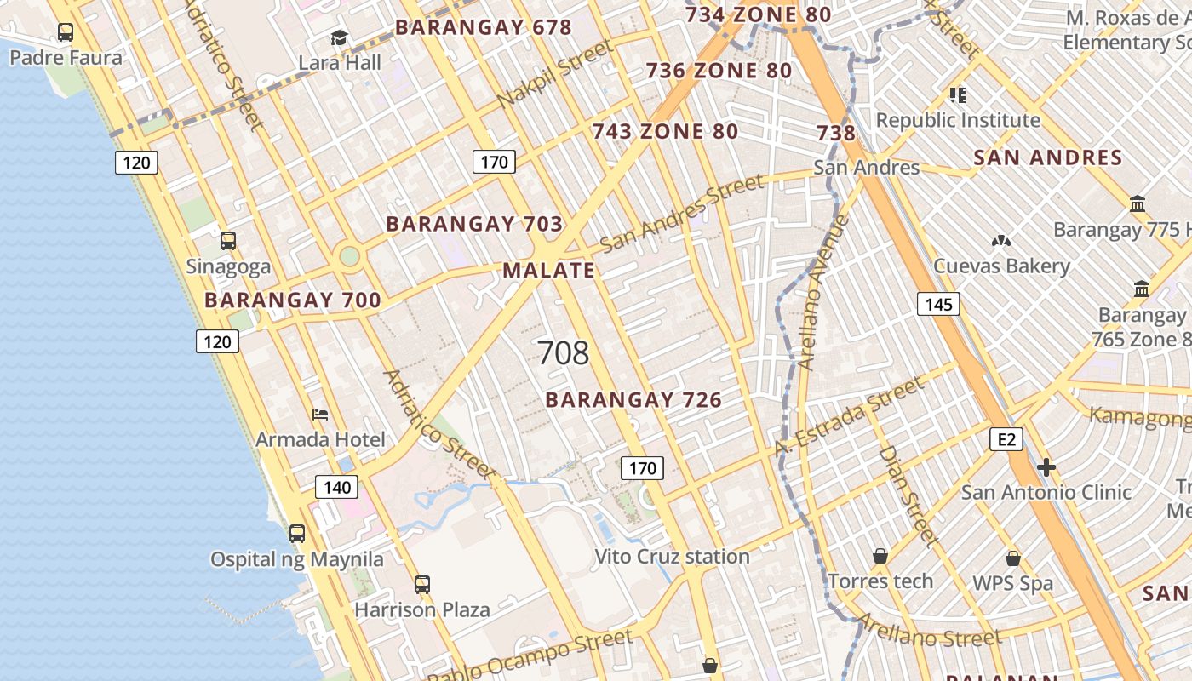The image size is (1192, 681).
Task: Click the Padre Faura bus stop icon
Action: click(66, 32)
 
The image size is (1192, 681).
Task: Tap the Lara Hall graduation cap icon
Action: click(340, 38)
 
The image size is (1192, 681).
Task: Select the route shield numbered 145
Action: click(938, 304)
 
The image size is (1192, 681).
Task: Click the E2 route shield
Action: click(1006, 439)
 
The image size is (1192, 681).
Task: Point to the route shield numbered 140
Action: click(337, 487)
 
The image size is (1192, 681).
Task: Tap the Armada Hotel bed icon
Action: click(320, 415)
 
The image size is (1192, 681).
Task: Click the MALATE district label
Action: click(548, 271)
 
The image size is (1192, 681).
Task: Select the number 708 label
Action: click(563, 352)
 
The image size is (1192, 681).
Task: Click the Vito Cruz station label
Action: click(672, 557)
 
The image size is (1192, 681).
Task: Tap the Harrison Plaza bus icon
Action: click(422, 585)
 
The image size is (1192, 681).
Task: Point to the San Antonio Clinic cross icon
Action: click(1046, 467)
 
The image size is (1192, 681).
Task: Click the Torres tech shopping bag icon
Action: click(880, 556)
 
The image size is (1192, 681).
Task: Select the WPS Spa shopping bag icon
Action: click(1013, 558)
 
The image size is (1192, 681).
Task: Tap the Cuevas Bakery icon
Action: click(1001, 242)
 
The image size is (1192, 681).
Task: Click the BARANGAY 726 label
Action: click(633, 399)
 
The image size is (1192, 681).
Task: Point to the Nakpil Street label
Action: click(554, 74)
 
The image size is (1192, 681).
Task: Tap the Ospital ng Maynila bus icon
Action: click(297, 534)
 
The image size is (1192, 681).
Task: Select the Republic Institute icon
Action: click(958, 95)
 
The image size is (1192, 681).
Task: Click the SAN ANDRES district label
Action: click(1047, 157)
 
